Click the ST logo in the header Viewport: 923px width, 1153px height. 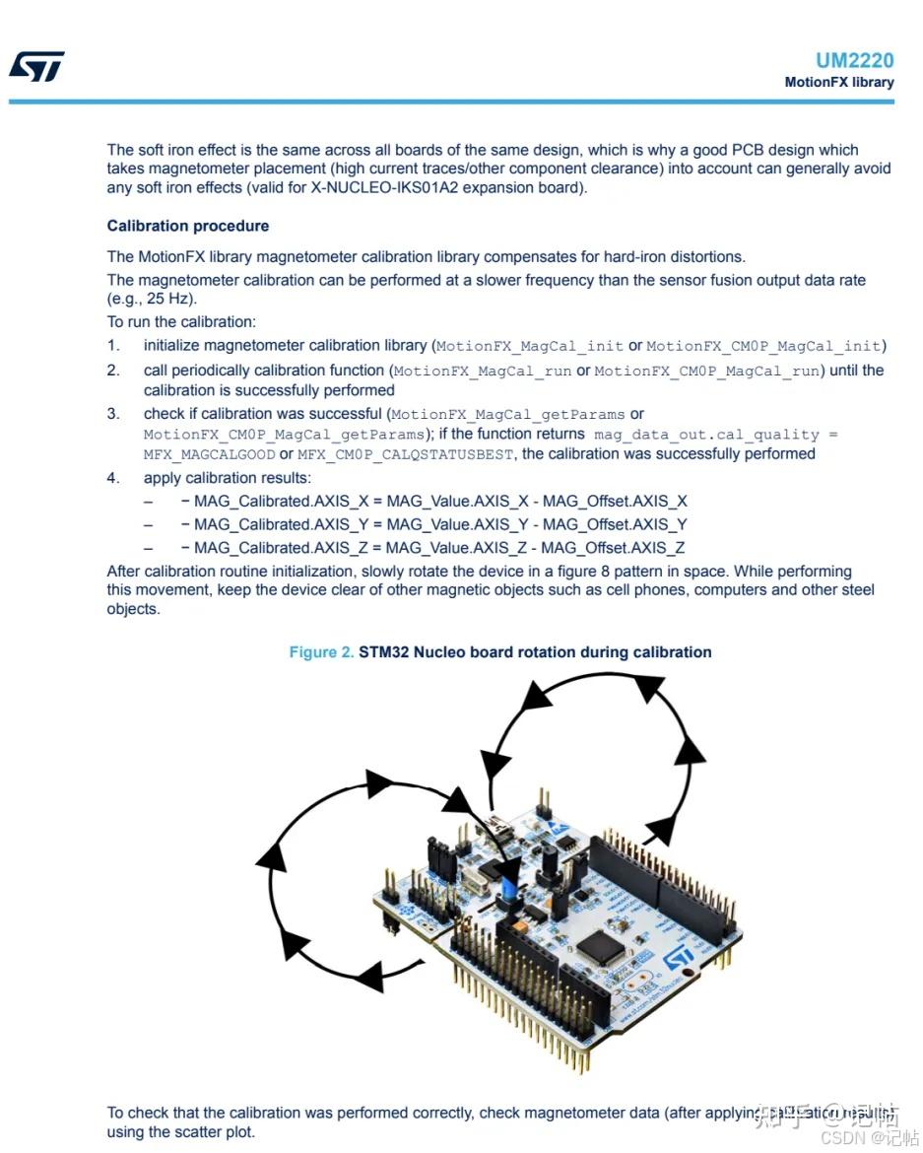click(36, 66)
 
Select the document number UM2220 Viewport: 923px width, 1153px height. click(854, 60)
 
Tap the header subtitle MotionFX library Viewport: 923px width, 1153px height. click(838, 82)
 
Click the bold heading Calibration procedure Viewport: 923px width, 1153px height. click(188, 226)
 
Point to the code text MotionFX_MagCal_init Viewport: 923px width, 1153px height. click(530, 346)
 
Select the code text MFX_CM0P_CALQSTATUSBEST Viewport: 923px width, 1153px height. click(406, 454)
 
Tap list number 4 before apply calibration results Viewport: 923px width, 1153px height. click(113, 478)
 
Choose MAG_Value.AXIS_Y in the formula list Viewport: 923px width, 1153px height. click(458, 524)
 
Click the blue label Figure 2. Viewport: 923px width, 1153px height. click(321, 652)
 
